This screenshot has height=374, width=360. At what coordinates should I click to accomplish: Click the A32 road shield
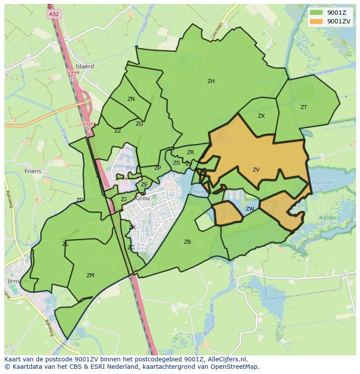tap(53, 14)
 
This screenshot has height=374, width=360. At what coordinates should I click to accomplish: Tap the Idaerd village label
tap(84, 66)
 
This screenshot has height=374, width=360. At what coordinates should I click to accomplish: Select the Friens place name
tap(33, 171)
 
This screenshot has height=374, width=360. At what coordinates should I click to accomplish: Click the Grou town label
tap(143, 198)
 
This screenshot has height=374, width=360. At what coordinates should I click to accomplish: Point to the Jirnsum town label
tap(18, 281)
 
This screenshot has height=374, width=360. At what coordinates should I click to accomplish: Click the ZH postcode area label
tap(211, 81)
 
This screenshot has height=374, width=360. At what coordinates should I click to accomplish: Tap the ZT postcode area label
tap(303, 107)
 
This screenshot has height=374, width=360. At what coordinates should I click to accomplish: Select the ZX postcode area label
tap(261, 116)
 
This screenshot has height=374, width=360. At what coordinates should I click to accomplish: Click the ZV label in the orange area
tap(256, 170)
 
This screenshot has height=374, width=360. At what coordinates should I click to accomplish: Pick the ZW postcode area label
tap(250, 209)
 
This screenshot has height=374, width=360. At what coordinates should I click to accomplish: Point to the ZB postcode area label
tap(187, 242)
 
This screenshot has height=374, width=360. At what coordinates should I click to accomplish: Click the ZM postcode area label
tap(90, 275)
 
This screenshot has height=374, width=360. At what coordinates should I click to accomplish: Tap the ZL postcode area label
tap(65, 244)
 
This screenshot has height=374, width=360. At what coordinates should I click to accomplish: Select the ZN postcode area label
tap(131, 99)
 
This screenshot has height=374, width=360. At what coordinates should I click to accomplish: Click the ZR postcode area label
tap(190, 152)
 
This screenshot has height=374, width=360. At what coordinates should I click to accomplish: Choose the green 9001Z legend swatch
tap(317, 13)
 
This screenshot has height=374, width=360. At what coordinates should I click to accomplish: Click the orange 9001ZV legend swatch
tap(317, 21)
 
